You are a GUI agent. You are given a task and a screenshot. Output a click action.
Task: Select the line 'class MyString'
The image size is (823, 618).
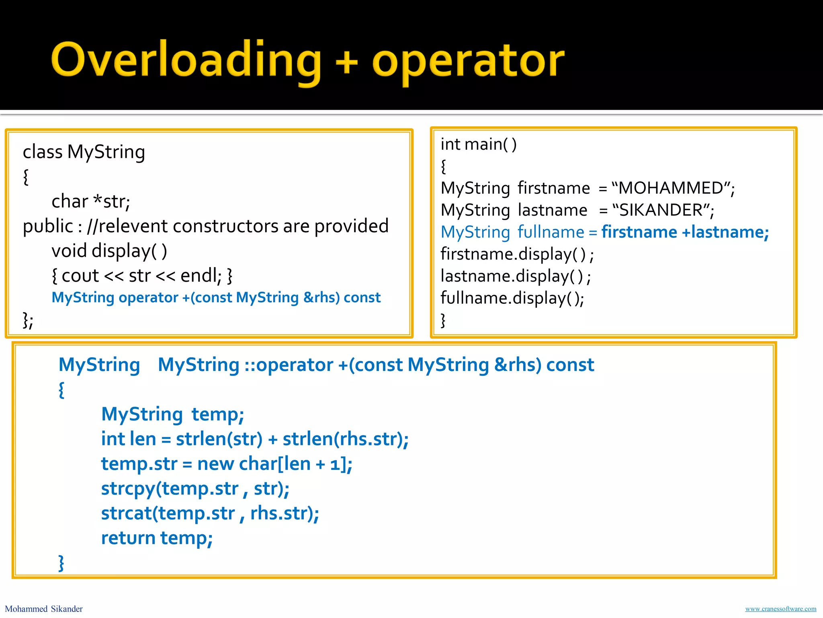84,152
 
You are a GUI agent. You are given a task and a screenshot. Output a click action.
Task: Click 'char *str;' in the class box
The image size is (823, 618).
91,201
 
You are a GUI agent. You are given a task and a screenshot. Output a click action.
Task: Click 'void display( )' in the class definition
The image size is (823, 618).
109,251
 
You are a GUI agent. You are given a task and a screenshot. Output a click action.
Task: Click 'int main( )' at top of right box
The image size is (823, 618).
478,144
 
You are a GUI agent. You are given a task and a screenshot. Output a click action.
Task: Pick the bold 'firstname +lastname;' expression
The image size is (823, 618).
685,232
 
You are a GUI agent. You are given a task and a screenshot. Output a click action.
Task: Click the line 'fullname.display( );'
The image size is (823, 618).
512,298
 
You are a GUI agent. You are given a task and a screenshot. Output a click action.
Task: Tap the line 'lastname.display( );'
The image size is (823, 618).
516,276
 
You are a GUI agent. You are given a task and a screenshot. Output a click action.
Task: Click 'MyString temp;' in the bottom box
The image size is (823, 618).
172,414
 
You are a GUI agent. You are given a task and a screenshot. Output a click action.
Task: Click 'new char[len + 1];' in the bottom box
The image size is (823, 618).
274,464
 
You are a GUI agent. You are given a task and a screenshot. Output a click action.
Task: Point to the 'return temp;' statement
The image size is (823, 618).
157,538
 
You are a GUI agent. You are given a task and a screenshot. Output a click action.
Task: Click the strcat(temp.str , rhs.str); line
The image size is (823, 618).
210,513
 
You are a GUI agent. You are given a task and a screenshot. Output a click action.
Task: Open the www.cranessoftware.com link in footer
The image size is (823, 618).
780,609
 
